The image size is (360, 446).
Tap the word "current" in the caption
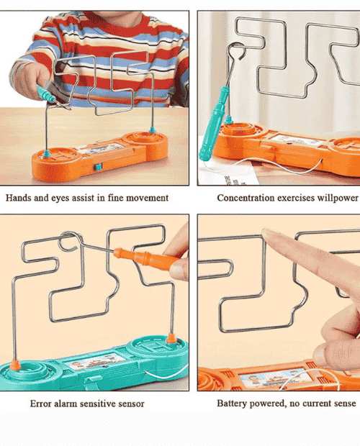pos(316,404)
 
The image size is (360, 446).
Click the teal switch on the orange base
pos(98,167)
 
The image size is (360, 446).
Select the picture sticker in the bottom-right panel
pos(274,379)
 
